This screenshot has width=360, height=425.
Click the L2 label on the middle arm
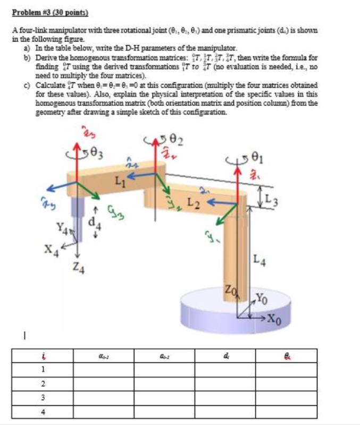click(196, 202)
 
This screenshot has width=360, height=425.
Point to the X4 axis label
click(51, 249)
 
